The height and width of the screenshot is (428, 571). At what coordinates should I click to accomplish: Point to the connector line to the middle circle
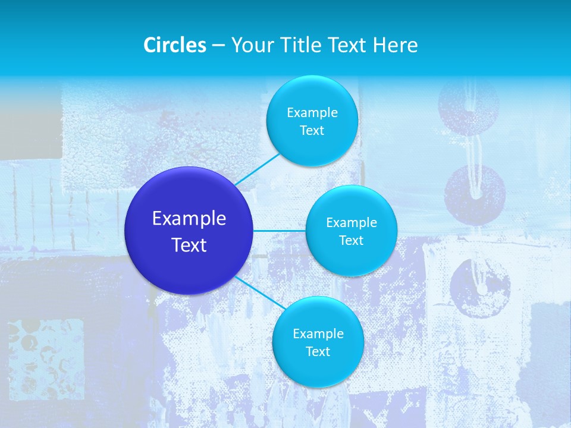point(280,231)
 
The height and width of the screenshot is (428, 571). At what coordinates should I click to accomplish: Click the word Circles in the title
point(175,45)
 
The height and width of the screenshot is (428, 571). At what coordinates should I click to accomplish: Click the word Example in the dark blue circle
point(189,219)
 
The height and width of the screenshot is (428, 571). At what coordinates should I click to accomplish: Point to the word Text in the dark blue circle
point(189,245)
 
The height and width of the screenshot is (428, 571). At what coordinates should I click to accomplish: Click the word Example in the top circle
point(312,112)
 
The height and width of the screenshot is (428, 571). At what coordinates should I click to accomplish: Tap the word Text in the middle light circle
point(351,240)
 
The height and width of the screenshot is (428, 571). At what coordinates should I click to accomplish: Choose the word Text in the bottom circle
point(318,351)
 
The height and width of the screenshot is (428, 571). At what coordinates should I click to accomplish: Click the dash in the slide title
point(218,45)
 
